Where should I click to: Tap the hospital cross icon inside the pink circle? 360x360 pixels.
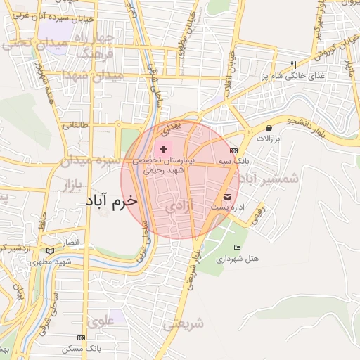tap(163, 149)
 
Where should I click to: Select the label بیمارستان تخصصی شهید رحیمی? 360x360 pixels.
tap(163, 165)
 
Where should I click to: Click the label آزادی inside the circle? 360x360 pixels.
tap(179, 208)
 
